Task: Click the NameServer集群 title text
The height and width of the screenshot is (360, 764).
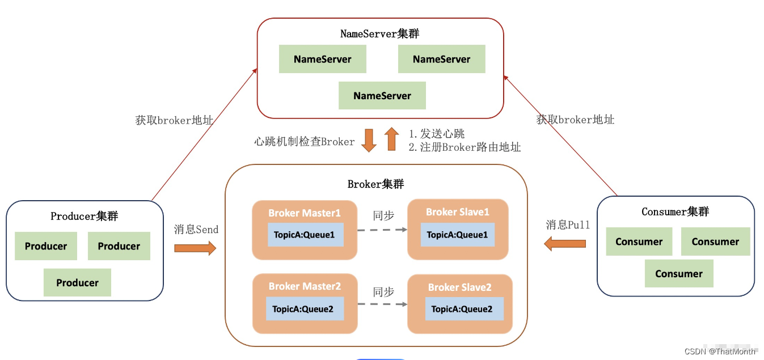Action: coord(379,33)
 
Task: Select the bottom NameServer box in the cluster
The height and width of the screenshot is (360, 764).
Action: coord(382,96)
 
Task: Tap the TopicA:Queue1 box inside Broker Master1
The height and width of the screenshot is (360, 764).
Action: coord(305,235)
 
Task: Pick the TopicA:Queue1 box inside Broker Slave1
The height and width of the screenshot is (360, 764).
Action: coord(457,235)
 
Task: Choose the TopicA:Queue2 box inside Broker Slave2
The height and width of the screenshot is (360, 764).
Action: coord(464,309)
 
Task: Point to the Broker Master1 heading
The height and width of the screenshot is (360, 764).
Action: coord(305,213)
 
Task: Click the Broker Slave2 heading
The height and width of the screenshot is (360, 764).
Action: coord(459,287)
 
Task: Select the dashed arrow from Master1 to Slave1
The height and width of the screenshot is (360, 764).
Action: coord(382,230)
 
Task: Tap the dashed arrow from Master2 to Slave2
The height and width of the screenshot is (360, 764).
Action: coord(382,304)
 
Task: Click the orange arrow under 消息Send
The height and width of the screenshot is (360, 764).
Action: coord(195,248)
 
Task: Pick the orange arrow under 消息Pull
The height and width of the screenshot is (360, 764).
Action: coord(565,244)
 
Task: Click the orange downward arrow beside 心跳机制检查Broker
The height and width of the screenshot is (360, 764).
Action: coord(369,140)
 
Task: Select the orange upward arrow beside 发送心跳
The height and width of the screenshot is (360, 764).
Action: coord(391,139)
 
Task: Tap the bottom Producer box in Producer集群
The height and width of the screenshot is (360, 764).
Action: coord(77,283)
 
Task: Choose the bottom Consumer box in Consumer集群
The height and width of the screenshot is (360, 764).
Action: coord(679,274)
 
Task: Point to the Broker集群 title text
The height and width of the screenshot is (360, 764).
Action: coord(375,184)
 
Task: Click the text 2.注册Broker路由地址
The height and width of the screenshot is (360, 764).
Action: coord(465,147)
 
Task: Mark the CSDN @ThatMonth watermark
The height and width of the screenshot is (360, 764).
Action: coord(720,351)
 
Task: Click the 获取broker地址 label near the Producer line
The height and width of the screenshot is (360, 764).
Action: coord(174,120)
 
